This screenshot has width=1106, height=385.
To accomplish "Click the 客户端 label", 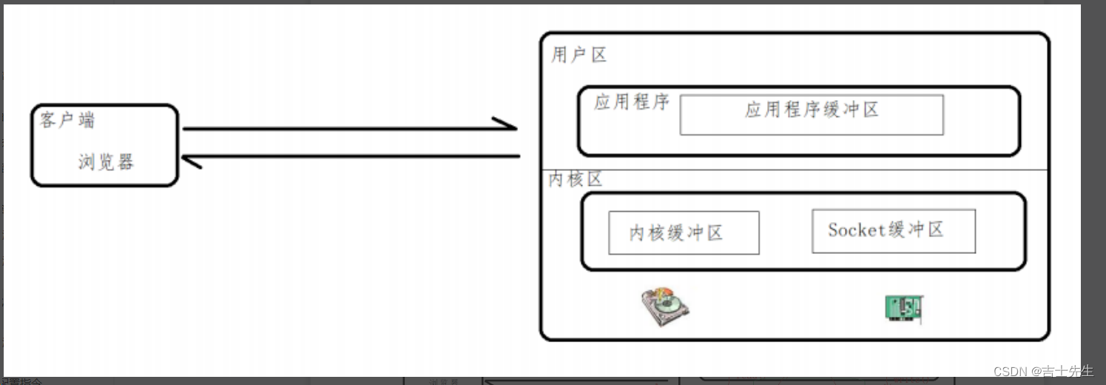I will tap(67, 120).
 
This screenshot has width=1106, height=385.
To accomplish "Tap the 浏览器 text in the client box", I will tap(106, 162).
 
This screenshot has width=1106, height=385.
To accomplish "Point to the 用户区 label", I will tap(579, 56).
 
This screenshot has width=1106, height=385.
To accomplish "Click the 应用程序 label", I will tap(631, 102).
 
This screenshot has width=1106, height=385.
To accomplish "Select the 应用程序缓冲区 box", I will tap(812, 115).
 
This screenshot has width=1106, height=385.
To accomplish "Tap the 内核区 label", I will tap(576, 180).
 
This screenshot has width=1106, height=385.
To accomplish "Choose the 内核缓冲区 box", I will tap(684, 232).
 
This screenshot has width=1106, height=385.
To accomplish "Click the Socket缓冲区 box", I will tap(893, 231).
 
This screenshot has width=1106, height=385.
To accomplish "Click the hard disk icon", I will tap(665, 307).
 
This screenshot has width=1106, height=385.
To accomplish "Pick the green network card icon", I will tap(903, 307).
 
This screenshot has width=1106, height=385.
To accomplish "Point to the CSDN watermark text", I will tap(1042, 371).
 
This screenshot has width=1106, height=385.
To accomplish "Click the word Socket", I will tap(857, 230).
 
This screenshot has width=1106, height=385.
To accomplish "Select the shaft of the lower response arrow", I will tap(355, 156).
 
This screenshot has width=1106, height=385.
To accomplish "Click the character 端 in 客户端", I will tap(87, 120).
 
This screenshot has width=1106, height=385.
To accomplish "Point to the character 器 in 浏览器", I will tap(125, 162).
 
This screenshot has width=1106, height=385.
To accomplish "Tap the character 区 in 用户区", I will tap(598, 56).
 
